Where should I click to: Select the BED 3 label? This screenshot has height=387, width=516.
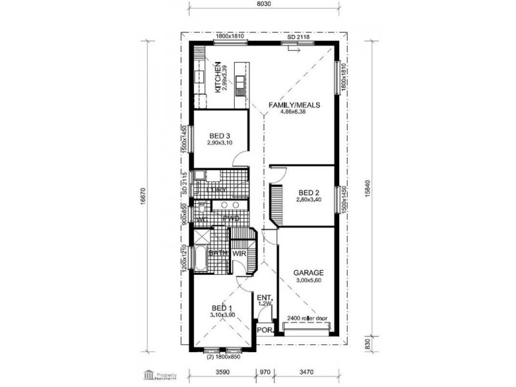[220, 135]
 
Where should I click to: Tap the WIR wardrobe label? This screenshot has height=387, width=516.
[240, 253]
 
